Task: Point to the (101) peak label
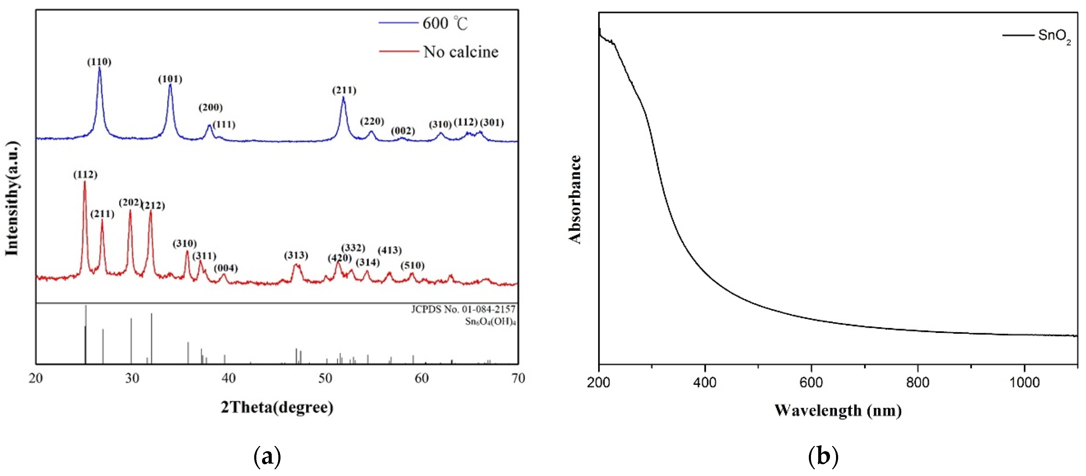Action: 170,79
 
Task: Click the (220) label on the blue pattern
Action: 372,121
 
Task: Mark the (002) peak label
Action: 403,131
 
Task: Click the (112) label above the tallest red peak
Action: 85,174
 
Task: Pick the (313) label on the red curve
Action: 296,255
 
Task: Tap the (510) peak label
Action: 412,265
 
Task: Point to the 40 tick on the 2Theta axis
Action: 229,378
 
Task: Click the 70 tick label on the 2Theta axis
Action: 518,378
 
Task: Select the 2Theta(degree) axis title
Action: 277,407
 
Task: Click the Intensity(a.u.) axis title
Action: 12,198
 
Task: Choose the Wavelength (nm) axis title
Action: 838,410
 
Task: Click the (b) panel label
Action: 823,456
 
